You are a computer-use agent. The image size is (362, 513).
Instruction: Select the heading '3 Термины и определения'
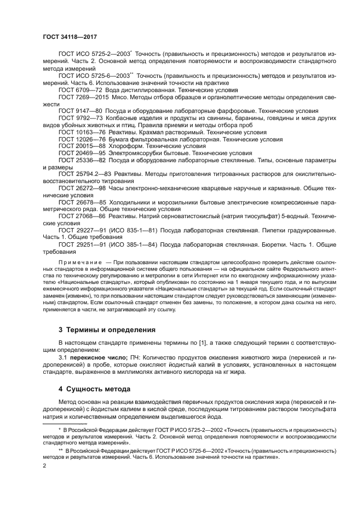107,330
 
